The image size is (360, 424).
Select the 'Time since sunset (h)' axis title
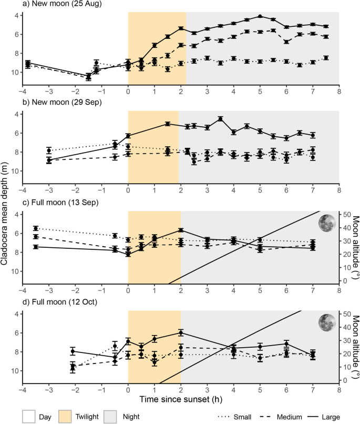pyautogui.click(x=180, y=400)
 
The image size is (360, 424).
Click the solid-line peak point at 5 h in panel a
pyautogui.click(x=260, y=16)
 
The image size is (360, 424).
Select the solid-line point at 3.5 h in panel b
pyautogui.click(x=221, y=118)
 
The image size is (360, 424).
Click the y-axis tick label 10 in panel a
pyautogui.click(x=14, y=72)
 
